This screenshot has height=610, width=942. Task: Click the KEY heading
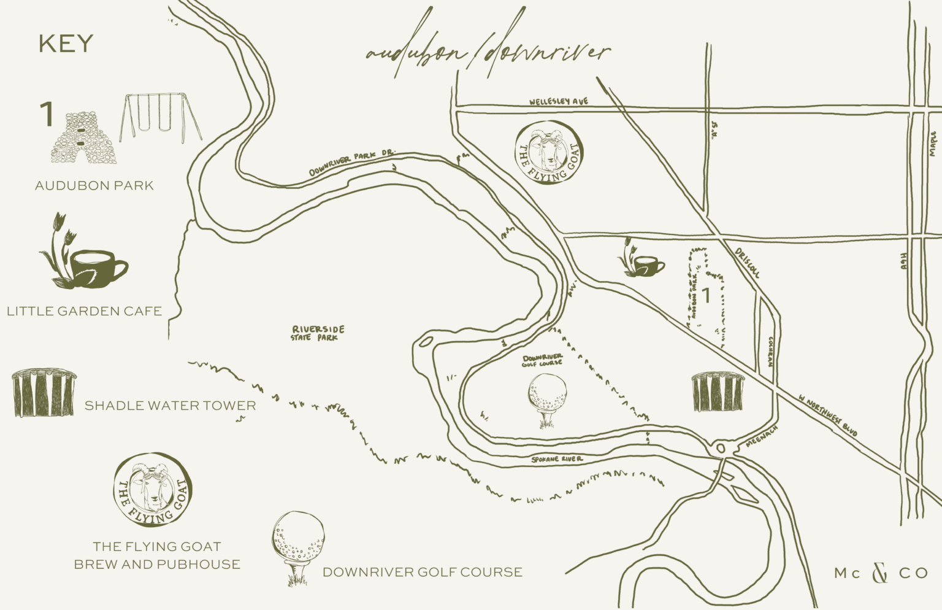click(66, 44)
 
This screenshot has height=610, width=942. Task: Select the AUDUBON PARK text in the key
click(94, 185)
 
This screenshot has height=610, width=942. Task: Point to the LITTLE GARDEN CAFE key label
click(85, 311)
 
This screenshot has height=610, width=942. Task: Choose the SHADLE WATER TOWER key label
click(170, 405)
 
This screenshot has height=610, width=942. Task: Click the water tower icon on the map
click(718, 391)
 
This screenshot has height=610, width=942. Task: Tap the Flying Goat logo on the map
click(549, 153)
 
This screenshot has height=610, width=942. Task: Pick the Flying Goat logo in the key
click(153, 490)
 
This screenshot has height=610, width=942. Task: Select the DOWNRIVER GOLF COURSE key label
click(423, 572)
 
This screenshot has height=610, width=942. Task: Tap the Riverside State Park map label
click(318, 333)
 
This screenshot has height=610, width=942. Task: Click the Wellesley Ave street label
click(559, 101)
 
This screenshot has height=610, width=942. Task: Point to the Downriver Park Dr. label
click(352, 163)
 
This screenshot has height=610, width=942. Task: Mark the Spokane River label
click(557, 459)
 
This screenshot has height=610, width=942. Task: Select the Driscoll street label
click(748, 263)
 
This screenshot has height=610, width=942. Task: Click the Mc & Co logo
click(880, 573)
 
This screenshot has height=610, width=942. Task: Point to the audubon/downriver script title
click(488, 52)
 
